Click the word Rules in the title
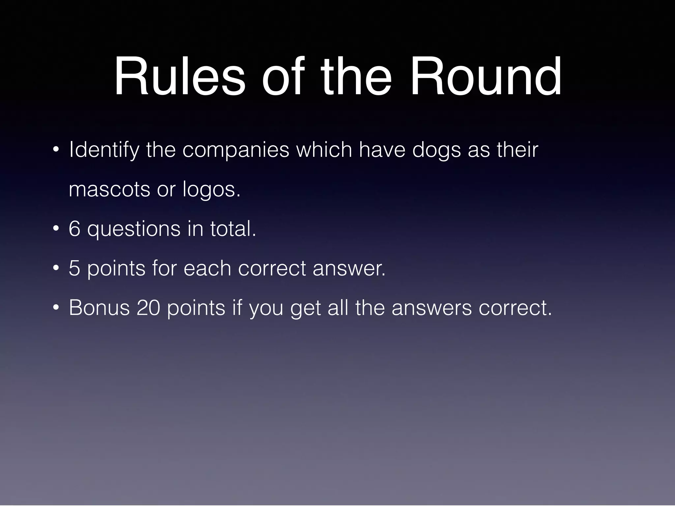pyautogui.click(x=180, y=76)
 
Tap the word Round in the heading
pyautogui.click(x=485, y=76)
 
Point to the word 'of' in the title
pyautogui.click(x=282, y=76)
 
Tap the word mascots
pyautogui.click(x=109, y=190)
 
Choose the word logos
pyautogui.click(x=211, y=190)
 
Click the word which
pyautogui.click(x=324, y=150)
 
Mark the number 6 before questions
pyautogui.click(x=74, y=229)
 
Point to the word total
pyautogui.click(x=233, y=229)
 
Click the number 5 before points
pyautogui.click(x=74, y=268)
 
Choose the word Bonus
pyautogui.click(x=99, y=308)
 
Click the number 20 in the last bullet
pyautogui.click(x=148, y=308)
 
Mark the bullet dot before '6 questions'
pyautogui.click(x=56, y=229)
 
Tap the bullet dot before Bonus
pyautogui.click(x=56, y=308)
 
